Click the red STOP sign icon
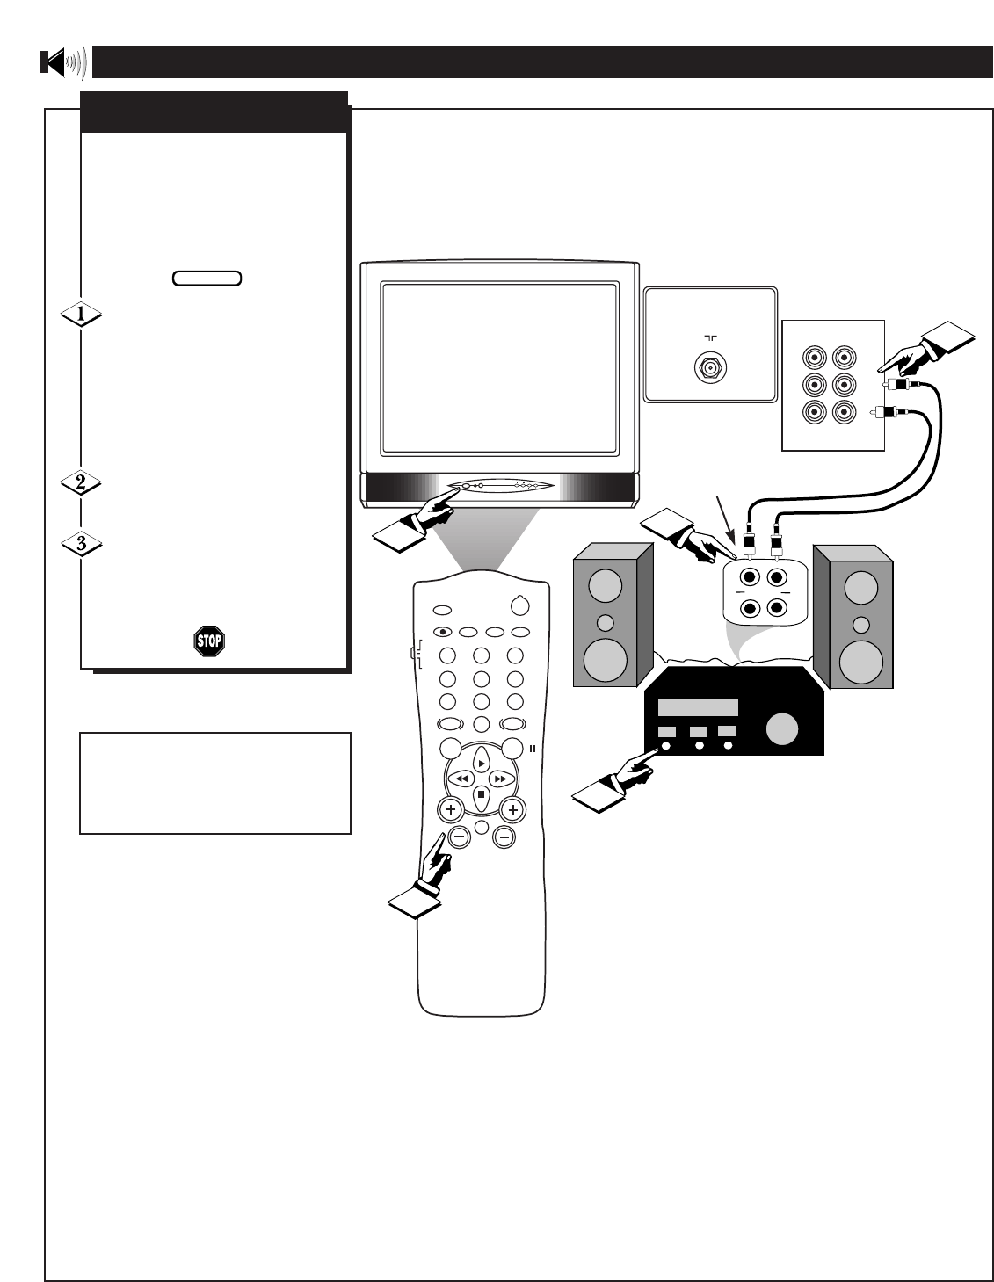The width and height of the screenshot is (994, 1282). point(208,640)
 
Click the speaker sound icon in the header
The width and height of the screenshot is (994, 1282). point(62,63)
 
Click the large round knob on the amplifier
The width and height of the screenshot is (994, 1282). point(782,730)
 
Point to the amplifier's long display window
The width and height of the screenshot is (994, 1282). point(698,709)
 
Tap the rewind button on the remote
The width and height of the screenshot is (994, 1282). point(461,779)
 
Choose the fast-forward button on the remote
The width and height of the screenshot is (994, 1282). point(500,779)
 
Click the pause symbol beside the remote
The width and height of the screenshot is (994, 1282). point(533,748)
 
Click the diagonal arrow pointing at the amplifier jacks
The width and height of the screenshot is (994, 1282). point(726,516)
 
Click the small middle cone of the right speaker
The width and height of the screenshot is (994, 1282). point(861,626)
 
